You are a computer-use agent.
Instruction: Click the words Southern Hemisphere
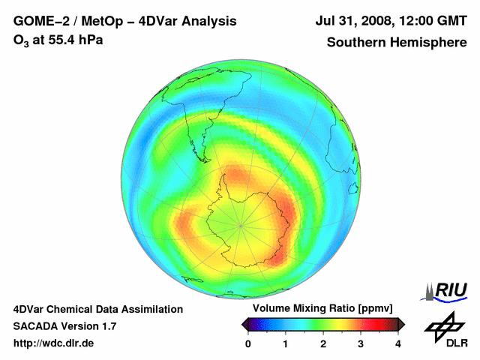[397, 42]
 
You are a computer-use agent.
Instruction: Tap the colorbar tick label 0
[248, 343]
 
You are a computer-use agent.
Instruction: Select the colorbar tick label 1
[286, 343]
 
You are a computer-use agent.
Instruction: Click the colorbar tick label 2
[323, 343]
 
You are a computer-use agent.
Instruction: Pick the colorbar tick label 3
[361, 343]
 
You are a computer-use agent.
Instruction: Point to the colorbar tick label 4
[398, 343]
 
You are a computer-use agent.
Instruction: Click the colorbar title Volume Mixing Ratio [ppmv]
[323, 309]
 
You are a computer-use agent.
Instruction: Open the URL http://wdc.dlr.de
[55, 343]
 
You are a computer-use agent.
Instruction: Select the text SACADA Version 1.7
[64, 326]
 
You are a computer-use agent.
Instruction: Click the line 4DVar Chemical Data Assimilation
[97, 309]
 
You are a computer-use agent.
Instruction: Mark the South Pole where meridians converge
[241, 223]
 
